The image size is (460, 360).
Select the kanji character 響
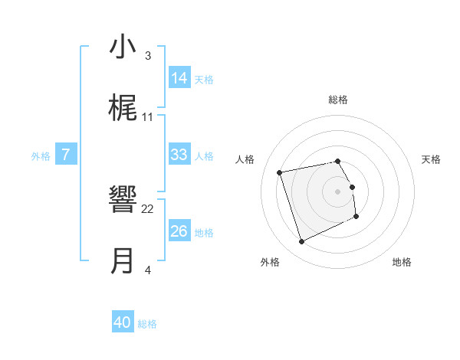123,201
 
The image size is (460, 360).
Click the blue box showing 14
179,78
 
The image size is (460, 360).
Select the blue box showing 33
179,155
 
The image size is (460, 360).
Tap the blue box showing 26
179,231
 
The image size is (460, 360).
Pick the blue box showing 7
66,155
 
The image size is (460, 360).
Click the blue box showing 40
123,323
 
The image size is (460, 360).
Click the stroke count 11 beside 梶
148,117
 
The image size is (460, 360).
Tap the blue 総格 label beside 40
147,324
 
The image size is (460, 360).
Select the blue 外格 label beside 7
41,156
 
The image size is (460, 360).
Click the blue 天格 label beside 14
204,79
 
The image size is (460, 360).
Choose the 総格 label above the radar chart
338,100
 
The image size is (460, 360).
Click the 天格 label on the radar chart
432,159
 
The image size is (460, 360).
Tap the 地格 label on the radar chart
402,262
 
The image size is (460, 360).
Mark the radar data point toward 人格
280,172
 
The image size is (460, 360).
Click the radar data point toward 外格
301,242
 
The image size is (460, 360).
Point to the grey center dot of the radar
338,191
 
